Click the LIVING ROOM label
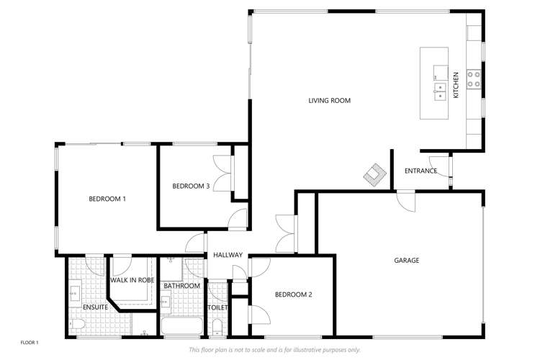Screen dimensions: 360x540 point(330,101)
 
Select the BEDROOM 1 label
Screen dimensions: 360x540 point(107,199)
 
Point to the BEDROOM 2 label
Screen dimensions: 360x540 point(294,294)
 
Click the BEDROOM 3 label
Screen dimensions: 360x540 point(191,186)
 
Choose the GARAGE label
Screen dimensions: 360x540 point(406,260)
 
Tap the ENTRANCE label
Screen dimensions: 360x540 point(420,171)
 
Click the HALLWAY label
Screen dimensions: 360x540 point(228,255)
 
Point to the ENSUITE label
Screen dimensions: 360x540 point(95,307)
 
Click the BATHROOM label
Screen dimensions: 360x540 point(181,286)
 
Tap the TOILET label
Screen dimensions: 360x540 point(217,307)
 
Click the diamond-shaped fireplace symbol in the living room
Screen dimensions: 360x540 point(374,174)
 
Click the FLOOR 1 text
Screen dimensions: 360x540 point(30,342)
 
